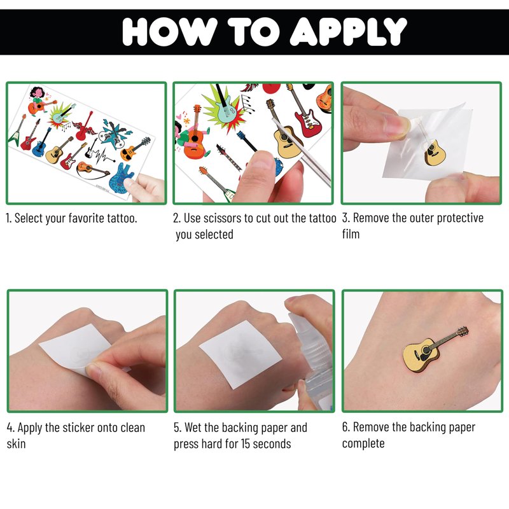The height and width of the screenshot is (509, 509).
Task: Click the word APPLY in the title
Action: coord(348,31)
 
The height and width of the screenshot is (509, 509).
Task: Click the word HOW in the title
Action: coord(170,31)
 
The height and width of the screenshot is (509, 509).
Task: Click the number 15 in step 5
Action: coord(246,443)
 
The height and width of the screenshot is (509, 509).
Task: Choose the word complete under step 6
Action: coord(363,443)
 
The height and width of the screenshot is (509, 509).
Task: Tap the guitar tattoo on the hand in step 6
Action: coord(436,349)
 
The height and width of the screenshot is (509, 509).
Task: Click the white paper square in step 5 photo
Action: coord(241,354)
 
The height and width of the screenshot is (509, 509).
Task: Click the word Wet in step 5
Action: coord(195,428)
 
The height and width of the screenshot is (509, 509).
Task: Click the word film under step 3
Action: coord(351,234)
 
